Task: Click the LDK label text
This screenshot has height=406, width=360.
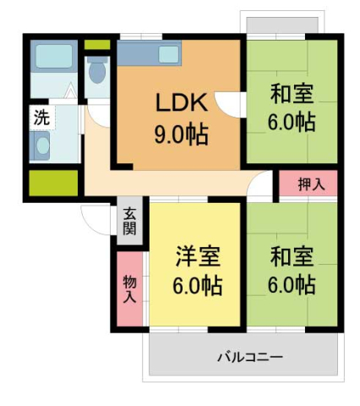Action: point(180,103)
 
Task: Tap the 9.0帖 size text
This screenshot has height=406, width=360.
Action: point(180,134)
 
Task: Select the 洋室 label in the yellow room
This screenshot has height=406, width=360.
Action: point(199,255)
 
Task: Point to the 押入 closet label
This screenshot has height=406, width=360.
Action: point(308,184)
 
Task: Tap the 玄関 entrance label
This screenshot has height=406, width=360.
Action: point(130,222)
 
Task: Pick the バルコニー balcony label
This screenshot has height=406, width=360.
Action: point(249,356)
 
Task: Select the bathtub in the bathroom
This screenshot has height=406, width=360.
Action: point(55,57)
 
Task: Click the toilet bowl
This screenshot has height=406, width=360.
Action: point(97,71)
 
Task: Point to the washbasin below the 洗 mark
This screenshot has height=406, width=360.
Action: point(41,146)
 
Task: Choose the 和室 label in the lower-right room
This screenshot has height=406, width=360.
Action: point(293,255)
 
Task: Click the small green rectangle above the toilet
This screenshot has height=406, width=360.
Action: point(97,44)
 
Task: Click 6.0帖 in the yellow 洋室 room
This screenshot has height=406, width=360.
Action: point(199,286)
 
